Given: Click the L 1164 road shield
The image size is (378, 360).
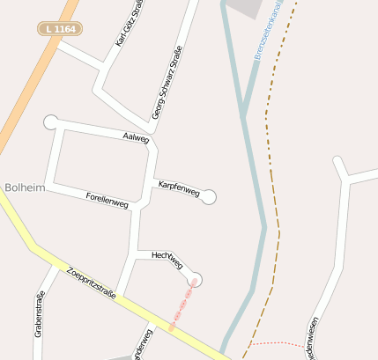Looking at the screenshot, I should tap(59, 29).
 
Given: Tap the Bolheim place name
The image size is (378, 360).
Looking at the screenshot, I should tap(19, 187).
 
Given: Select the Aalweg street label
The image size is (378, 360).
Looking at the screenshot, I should tap(137, 137).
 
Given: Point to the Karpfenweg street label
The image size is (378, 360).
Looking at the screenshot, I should tap(179, 187).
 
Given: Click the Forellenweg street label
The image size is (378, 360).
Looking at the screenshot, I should tap(107, 200).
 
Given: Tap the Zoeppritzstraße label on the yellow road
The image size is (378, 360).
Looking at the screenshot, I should tap(93, 284).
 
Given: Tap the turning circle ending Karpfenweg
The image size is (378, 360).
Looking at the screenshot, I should tap(209, 197).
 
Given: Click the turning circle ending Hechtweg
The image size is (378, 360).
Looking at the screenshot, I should tap(195, 280).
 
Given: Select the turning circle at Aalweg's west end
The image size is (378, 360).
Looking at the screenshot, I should tap(50, 121).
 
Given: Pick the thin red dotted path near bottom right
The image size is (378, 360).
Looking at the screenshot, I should tap(278, 342).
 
